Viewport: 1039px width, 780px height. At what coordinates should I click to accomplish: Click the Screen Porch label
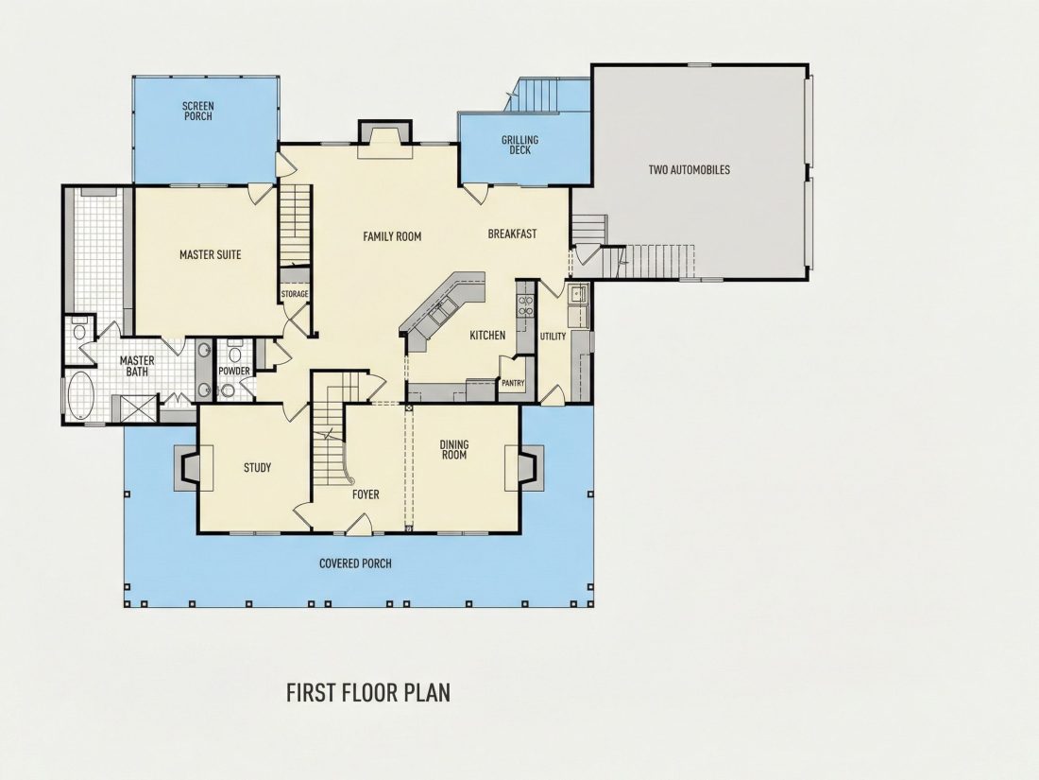point(198,111)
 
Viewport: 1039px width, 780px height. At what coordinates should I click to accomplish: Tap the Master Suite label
point(210,254)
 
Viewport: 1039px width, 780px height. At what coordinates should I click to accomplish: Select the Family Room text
point(392,236)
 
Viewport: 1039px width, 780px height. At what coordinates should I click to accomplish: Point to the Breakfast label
point(512,234)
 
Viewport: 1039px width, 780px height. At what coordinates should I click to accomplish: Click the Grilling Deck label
point(520,145)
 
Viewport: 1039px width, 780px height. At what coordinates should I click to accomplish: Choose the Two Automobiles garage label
point(690,170)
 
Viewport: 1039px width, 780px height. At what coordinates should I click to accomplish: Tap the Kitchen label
point(487,336)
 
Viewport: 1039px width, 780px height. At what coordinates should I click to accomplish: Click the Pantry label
point(513,383)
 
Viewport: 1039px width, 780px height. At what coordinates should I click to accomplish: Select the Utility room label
point(553,337)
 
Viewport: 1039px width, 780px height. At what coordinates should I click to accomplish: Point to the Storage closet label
point(294,294)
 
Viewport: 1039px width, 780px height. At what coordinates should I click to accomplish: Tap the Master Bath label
point(137,366)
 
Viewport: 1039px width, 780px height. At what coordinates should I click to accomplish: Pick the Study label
point(257,468)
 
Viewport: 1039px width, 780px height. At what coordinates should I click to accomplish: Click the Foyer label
point(366,494)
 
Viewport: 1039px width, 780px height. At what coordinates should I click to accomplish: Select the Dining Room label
point(454,450)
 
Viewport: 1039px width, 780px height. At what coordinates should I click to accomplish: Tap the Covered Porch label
point(355,563)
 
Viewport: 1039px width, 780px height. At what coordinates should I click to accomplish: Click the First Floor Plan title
point(368,692)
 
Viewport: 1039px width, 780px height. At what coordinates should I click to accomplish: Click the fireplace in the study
point(194,468)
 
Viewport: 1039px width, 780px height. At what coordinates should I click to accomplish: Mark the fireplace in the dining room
point(524,468)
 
